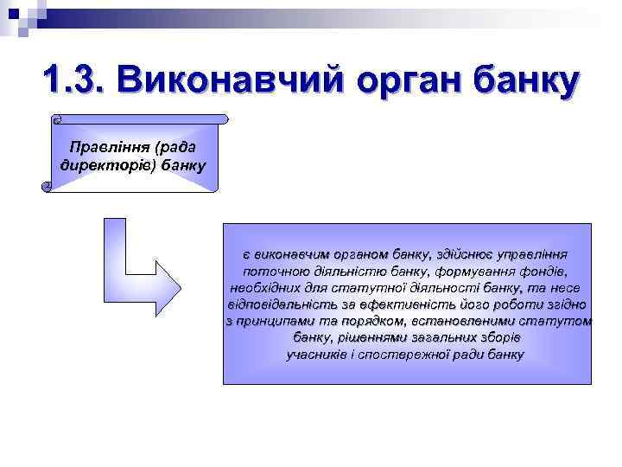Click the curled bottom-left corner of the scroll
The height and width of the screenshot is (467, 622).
click(47, 186)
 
